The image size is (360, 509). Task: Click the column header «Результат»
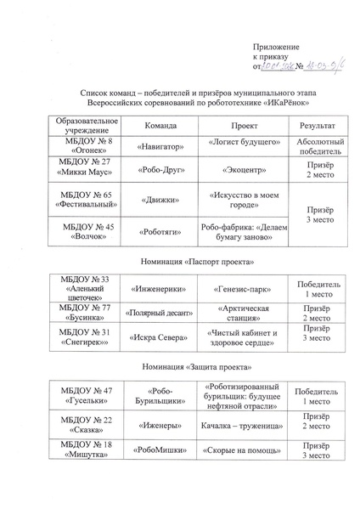click(312, 125)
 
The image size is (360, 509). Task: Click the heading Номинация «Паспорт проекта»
click(180, 262)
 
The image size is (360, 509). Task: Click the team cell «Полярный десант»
click(160, 313)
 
